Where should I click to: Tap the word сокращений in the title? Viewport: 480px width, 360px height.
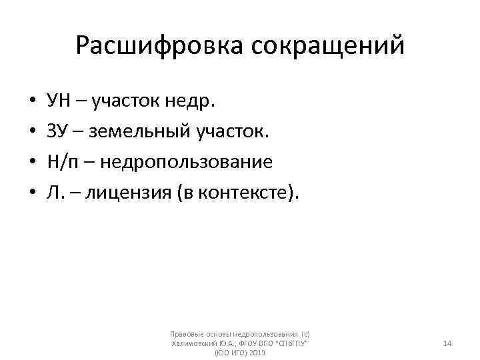coord(328,46)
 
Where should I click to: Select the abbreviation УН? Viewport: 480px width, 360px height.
coord(58,101)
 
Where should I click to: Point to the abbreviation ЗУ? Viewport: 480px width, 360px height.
coord(57,131)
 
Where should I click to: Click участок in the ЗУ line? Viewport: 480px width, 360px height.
coord(233,132)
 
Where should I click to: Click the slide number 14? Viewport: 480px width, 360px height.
coord(447,343)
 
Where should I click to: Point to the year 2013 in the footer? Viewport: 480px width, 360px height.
coord(257,352)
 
